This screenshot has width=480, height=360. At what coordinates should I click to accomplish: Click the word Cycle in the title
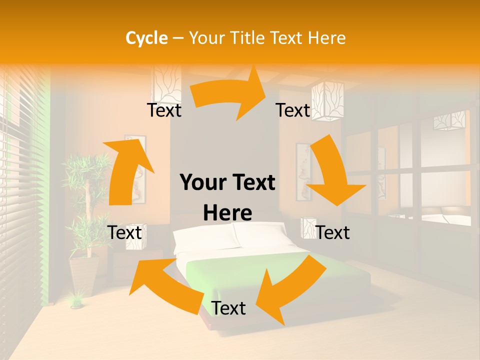pos(146,38)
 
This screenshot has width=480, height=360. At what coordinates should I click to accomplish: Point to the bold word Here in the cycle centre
pos(227,213)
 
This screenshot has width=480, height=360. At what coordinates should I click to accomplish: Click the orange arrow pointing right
pos(230,95)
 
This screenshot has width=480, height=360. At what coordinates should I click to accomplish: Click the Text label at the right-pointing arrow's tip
pos(293,110)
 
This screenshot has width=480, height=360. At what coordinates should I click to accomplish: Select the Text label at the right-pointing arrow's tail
pos(164,110)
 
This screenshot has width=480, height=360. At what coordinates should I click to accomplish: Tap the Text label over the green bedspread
pos(228,308)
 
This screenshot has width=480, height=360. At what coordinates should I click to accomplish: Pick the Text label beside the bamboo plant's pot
pos(124,232)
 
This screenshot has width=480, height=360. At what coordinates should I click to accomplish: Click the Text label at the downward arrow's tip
pos(332,232)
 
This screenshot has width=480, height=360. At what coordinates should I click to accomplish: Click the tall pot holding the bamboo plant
pos(83,275)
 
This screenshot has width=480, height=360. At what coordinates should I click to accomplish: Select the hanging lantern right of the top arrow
pos(327,100)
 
